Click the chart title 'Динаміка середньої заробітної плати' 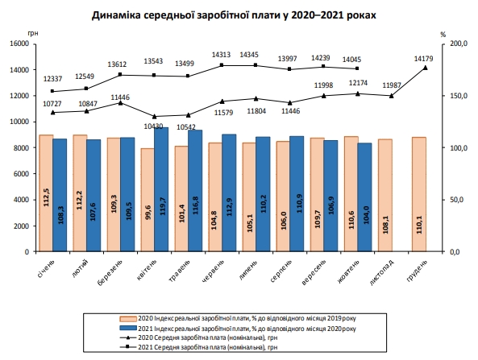coord(234,14)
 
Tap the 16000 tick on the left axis coord(19,43)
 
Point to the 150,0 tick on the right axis coord(456,96)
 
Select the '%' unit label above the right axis coord(444,33)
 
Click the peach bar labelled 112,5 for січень coord(46,193)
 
